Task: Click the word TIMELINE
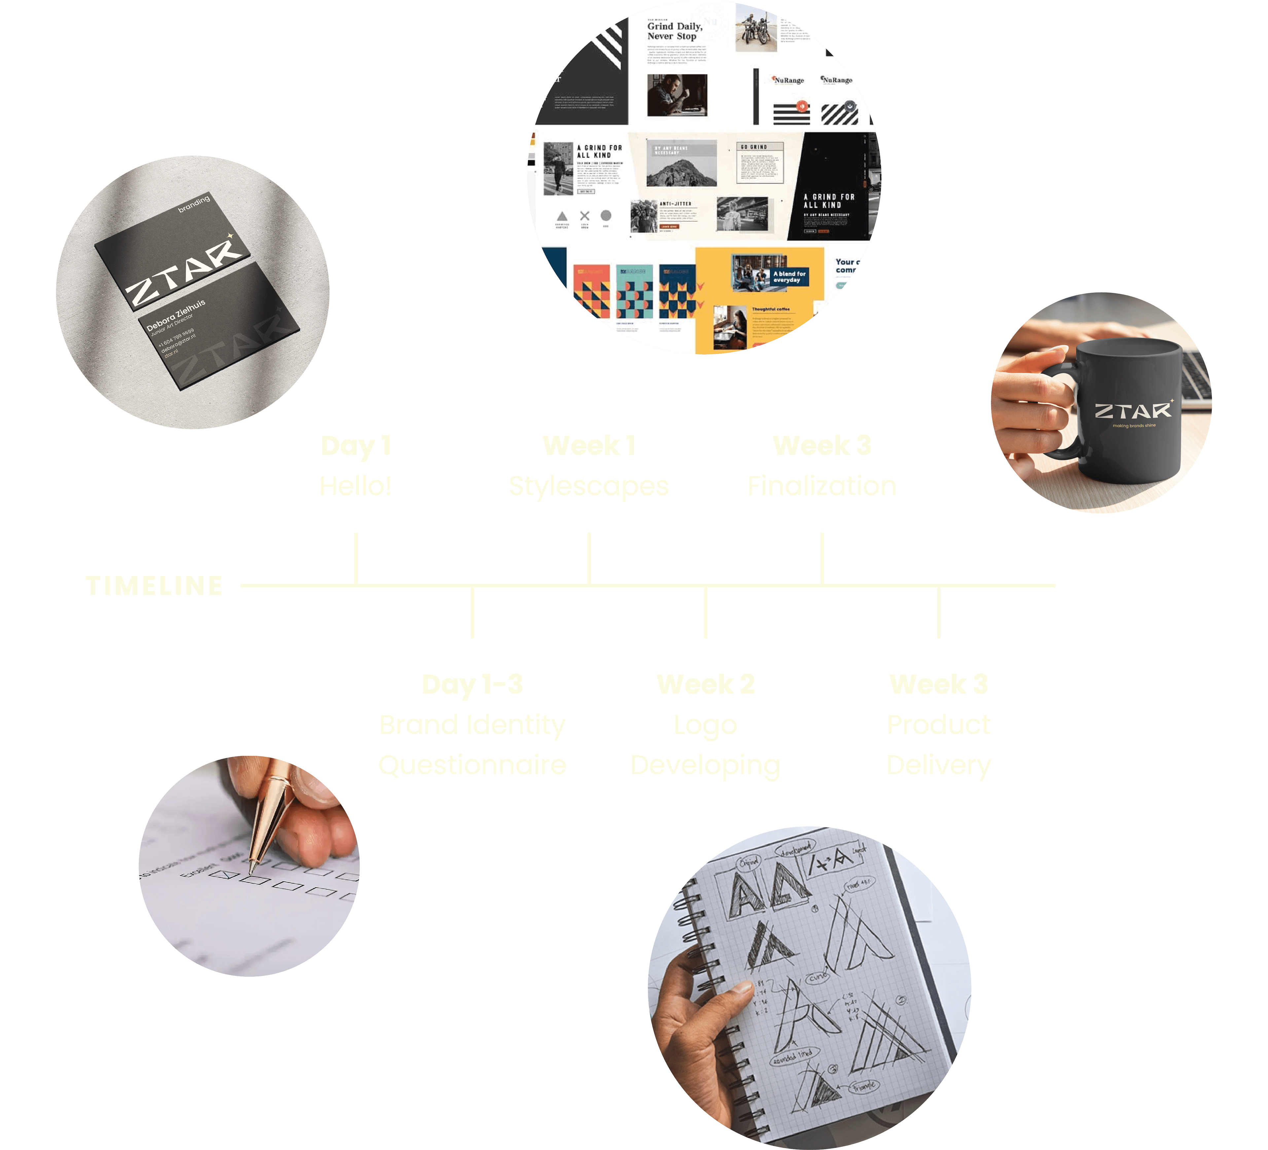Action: point(154,586)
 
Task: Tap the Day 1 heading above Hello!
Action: point(356,446)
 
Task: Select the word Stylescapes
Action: point(589,486)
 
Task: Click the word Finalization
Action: point(822,486)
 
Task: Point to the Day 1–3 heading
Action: point(472,684)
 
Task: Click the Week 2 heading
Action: point(705,684)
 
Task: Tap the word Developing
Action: point(705,765)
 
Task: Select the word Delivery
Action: point(938,765)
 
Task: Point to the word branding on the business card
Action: point(194,204)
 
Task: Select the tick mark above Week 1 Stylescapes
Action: point(589,558)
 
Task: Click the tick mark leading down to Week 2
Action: point(705,612)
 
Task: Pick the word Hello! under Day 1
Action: point(356,486)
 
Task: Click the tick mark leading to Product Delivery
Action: point(938,612)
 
